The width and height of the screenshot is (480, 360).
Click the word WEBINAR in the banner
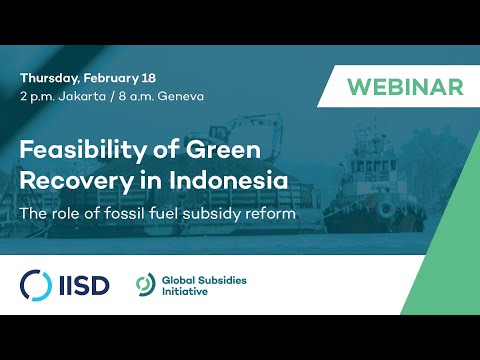point(406,87)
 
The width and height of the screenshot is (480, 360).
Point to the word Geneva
point(164,96)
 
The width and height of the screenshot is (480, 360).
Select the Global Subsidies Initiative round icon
point(146,285)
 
